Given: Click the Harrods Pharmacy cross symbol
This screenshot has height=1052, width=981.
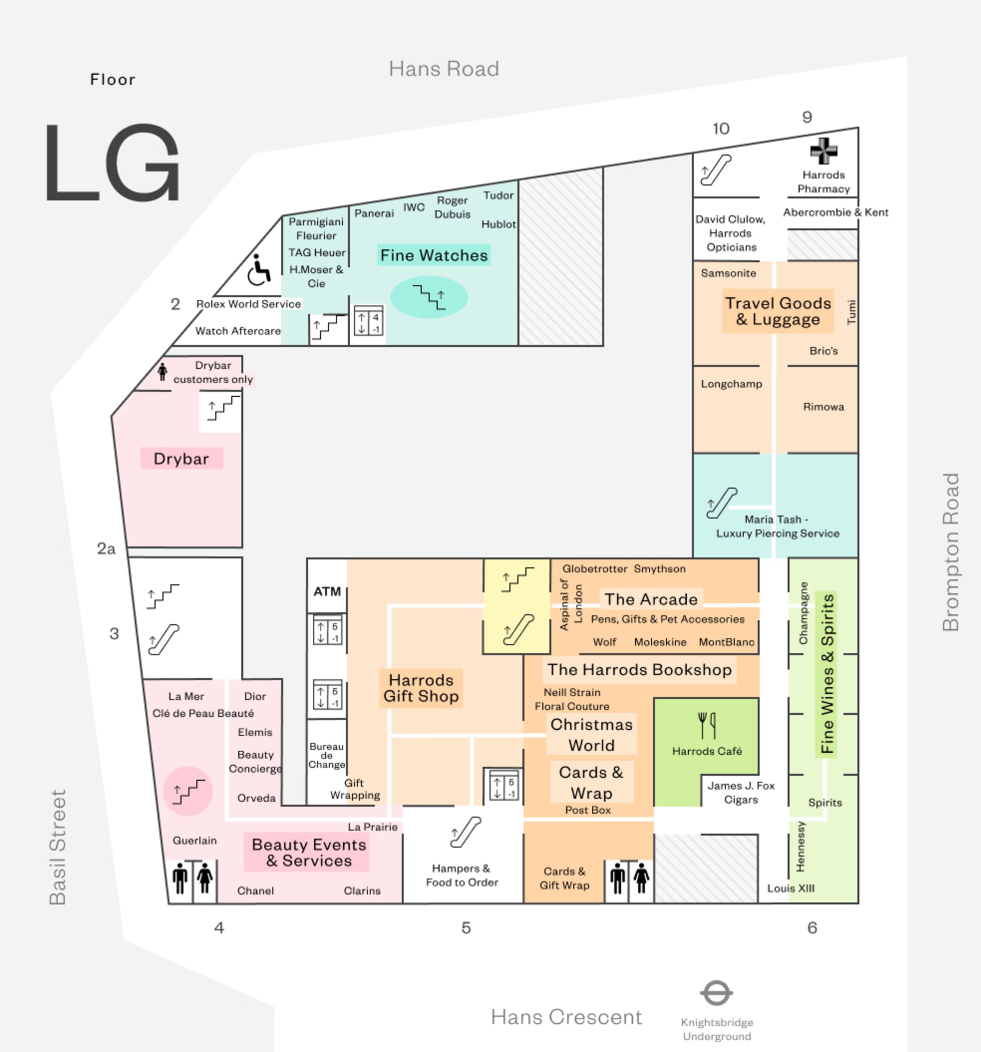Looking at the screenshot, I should tap(824, 151).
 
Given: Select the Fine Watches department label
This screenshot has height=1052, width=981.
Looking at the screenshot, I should tap(434, 255).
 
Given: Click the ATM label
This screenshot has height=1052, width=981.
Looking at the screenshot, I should tap(327, 592).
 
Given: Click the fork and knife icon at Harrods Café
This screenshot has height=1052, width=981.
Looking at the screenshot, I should tap(707, 725).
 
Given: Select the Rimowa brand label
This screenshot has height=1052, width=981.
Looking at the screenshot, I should tap(824, 406).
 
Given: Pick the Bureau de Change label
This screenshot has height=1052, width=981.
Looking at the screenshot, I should tap(326, 755).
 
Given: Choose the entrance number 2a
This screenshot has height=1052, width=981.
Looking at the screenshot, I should tap(106, 549).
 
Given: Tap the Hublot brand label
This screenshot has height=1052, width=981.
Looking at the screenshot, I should tap(498, 224).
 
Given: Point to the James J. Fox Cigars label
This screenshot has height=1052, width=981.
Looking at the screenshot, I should tap(740, 792).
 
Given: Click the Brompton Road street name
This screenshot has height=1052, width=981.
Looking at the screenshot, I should tap(950, 551).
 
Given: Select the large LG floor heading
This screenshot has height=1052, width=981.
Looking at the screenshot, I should tap(112, 162).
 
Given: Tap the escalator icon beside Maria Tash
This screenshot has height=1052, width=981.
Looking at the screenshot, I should tap(722, 503).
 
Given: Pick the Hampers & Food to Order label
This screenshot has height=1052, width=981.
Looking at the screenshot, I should tap(462, 875).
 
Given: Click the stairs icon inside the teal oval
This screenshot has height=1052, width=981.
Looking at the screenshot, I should tap(429, 297).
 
